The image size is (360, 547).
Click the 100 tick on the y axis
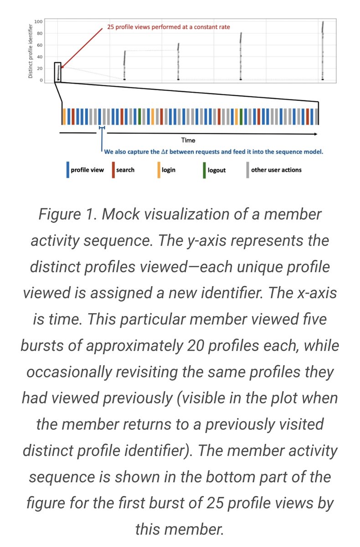coord(40,21)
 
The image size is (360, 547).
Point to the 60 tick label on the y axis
coord(40,45)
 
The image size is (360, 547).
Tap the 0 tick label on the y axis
coord(41,80)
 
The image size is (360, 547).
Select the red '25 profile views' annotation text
coord(168,27)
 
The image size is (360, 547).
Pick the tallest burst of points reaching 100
coord(323,50)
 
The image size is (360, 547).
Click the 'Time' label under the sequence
coord(188,140)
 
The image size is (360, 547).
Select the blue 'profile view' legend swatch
coord(68,170)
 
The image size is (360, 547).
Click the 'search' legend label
coord(125,170)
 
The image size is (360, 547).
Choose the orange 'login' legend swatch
coord(159,170)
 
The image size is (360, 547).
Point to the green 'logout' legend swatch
coord(205,170)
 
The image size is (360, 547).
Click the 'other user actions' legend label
coord(276,170)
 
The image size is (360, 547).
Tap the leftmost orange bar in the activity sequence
coord(64,117)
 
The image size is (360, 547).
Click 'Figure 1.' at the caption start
coord(67,214)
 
